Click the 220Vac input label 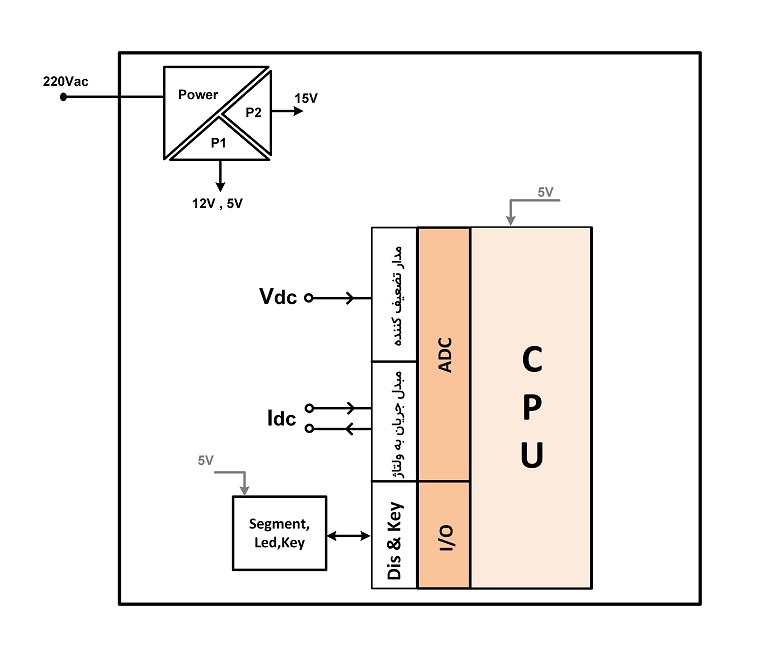tap(65, 81)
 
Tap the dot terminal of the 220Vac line tap(63, 97)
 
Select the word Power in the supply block tap(198, 94)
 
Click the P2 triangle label tap(253, 113)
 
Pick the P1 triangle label tap(219, 143)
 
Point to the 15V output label tap(306, 98)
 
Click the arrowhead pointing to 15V tap(298, 111)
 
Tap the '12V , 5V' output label tap(218, 203)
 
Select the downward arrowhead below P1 tap(220, 187)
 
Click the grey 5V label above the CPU tap(545, 192)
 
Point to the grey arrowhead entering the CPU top tap(510, 221)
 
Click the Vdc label tap(278, 296)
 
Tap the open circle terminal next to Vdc tap(308, 298)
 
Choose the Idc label tap(281, 418)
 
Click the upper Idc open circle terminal tap(309, 408)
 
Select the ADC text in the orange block tap(445, 355)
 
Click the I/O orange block tap(444, 534)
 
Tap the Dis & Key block tap(394, 534)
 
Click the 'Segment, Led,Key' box tap(279, 533)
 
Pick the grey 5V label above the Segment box tap(205, 461)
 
